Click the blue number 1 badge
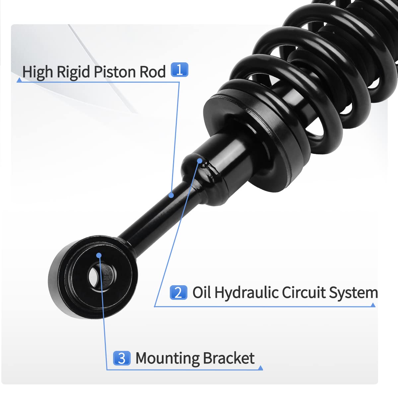(x=179, y=70)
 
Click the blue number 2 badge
(x=178, y=293)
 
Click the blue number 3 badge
(x=121, y=358)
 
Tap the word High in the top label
(x=37, y=72)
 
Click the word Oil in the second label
(x=202, y=293)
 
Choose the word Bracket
(x=229, y=358)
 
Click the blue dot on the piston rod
(x=171, y=195)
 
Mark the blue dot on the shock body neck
(x=200, y=161)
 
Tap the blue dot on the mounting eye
(x=99, y=255)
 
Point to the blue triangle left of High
(x=19, y=80)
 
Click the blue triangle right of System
(x=373, y=305)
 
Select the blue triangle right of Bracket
(x=260, y=368)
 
